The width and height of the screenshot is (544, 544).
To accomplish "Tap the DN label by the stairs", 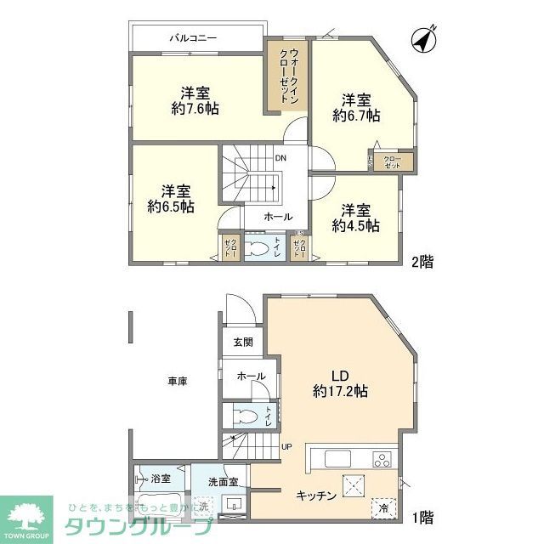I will click(280, 158).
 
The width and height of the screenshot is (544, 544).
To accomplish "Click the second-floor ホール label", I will click(277, 217).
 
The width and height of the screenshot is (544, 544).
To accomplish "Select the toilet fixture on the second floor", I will click(256, 248).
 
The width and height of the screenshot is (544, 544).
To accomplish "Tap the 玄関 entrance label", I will click(243, 343).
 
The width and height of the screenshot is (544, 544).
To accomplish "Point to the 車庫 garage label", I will click(177, 382).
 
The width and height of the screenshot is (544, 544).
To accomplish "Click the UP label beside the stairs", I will click(286, 446).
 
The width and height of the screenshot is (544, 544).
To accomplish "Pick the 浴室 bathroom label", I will click(161, 479).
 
